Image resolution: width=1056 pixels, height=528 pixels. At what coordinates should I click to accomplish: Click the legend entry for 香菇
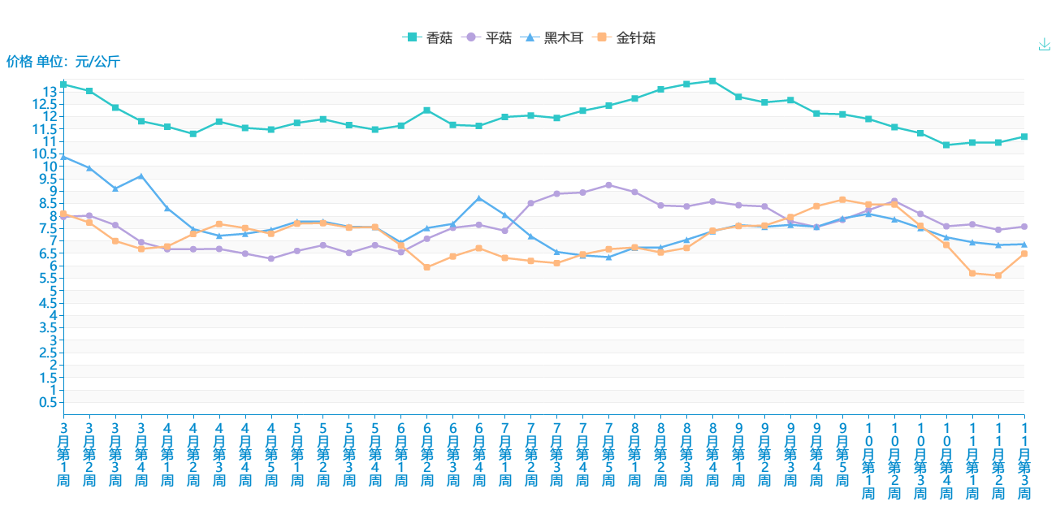428,37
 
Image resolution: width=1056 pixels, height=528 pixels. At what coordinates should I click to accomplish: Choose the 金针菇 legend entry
625,37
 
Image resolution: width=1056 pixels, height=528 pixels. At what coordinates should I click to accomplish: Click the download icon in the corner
1045,45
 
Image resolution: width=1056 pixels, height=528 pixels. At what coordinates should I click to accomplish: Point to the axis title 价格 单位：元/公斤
63,61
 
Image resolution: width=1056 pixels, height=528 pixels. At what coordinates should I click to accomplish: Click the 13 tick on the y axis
51,92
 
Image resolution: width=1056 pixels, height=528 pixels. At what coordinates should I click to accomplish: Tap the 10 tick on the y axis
51,167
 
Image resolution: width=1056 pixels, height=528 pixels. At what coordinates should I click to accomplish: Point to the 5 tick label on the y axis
54,291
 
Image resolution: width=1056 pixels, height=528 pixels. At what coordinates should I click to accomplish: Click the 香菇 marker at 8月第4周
712,81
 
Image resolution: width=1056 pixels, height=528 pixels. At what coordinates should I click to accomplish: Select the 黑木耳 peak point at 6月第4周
479,198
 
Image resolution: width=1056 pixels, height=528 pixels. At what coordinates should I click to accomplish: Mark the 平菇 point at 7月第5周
608,185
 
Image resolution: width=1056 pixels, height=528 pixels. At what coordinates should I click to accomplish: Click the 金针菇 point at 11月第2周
998,275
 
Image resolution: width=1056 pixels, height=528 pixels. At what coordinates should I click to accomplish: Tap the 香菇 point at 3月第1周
63,84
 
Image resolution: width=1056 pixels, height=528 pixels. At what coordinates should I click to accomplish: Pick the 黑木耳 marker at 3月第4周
141,176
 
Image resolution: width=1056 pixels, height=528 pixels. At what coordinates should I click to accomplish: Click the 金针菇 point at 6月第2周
427,267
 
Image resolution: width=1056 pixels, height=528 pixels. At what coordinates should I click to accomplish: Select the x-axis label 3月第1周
63,453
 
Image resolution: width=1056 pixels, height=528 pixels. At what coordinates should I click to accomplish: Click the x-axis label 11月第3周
1024,460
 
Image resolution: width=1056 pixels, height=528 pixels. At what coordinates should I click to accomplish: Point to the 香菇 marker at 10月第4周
946,145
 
